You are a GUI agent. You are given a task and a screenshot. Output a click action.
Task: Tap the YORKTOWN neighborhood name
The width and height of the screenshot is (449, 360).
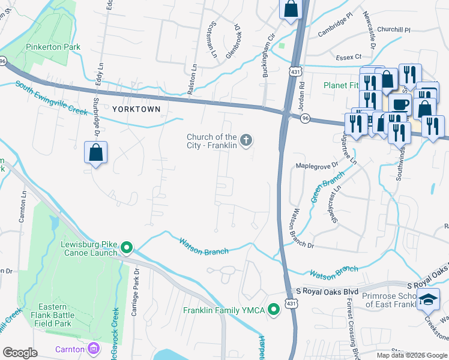[x=136, y=109]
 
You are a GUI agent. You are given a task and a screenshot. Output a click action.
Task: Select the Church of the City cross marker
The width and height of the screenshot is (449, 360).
[x=245, y=140]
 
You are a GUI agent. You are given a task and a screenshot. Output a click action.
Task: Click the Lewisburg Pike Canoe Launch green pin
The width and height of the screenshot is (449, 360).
[x=127, y=247]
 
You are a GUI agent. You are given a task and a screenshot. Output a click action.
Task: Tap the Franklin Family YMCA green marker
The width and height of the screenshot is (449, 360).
[x=274, y=310]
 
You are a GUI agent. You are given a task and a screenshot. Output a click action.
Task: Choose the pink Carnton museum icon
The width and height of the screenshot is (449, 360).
[x=94, y=348]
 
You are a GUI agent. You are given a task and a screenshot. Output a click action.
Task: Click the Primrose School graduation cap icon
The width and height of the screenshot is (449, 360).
[x=429, y=299]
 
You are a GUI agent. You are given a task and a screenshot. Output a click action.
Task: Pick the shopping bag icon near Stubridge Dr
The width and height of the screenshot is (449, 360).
[x=96, y=152]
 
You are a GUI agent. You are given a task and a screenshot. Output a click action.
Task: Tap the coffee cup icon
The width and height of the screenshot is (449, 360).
[x=399, y=103]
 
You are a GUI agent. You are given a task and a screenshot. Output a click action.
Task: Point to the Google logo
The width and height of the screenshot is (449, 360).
[x=20, y=353]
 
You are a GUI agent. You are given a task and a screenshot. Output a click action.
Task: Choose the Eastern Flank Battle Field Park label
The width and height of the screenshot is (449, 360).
[x=49, y=319]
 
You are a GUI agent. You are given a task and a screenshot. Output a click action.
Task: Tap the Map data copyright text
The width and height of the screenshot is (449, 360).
[x=411, y=355]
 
